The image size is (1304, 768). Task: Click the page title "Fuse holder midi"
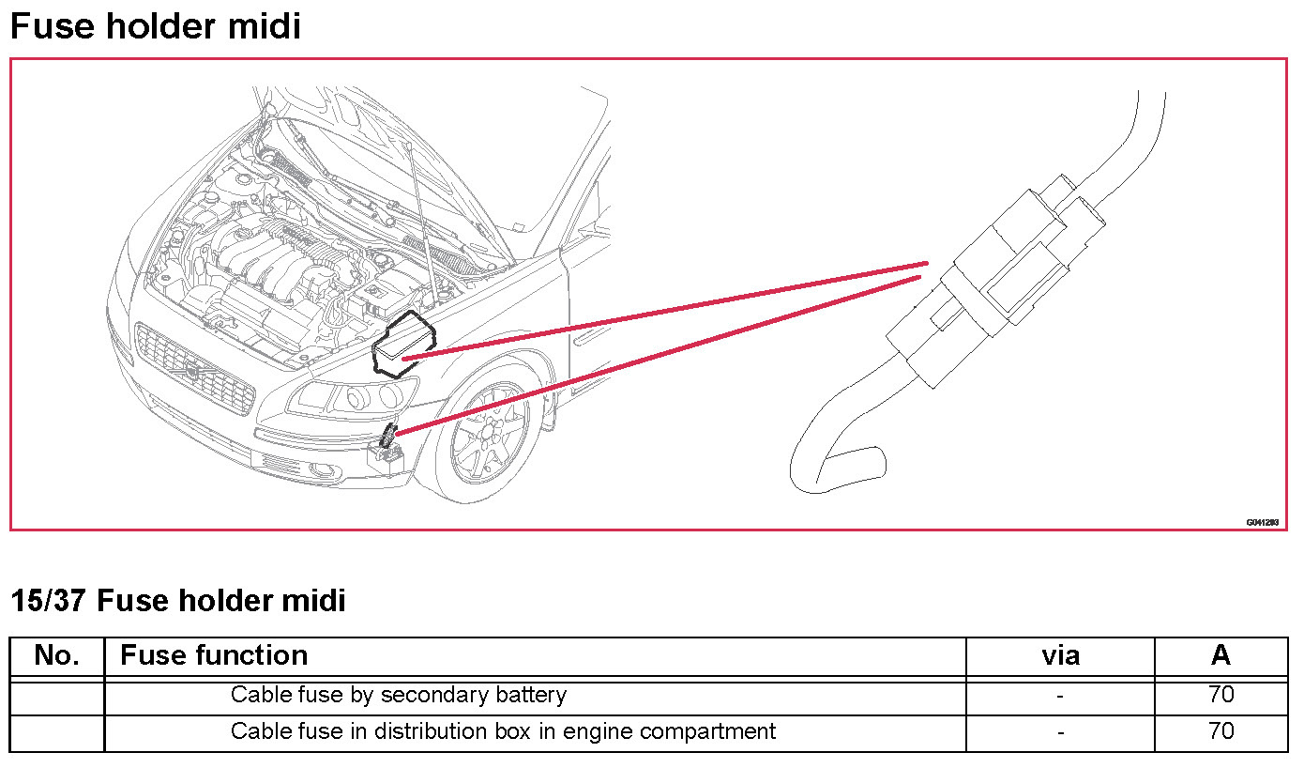pos(155,25)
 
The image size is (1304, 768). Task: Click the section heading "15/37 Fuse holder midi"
pos(177,600)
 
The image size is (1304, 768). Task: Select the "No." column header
pos(56,655)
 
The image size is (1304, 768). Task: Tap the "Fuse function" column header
pos(214,655)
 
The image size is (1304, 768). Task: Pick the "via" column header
pos(1060,655)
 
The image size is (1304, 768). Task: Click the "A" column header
pos(1221,655)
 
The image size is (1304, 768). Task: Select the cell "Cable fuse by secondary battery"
pos(398,696)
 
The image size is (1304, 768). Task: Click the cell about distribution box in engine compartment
pos(503,731)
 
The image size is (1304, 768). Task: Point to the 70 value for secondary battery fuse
pos(1221,696)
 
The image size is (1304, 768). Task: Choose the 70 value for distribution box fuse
pos(1221,731)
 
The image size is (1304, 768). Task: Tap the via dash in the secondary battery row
pos(1060,697)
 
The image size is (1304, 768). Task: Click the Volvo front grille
pos(195,370)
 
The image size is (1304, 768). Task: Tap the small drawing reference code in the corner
pos(1262,522)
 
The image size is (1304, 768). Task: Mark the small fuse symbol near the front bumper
pos(389,438)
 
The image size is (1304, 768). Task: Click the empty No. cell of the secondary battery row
pos(56,696)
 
